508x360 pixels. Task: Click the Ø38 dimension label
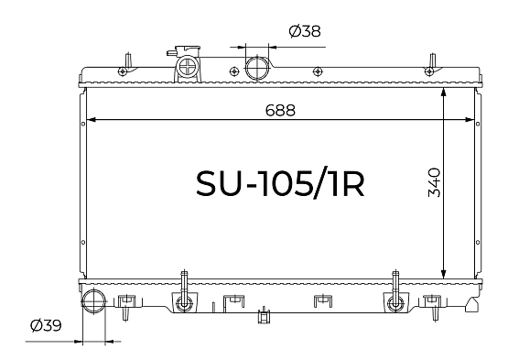[x=305, y=31]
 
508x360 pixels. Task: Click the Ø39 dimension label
[x=46, y=325]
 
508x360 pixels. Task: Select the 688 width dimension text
[x=280, y=110]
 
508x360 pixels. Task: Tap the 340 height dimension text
[x=434, y=182]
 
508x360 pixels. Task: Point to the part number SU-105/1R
[x=280, y=183]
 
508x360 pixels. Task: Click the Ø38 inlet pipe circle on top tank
[x=257, y=68]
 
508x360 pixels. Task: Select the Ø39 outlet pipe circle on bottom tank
[x=93, y=301]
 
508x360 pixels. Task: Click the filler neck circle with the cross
[x=188, y=67]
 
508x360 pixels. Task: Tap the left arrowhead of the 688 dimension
[x=91, y=120]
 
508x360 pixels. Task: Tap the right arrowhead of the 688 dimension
[x=470, y=120]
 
